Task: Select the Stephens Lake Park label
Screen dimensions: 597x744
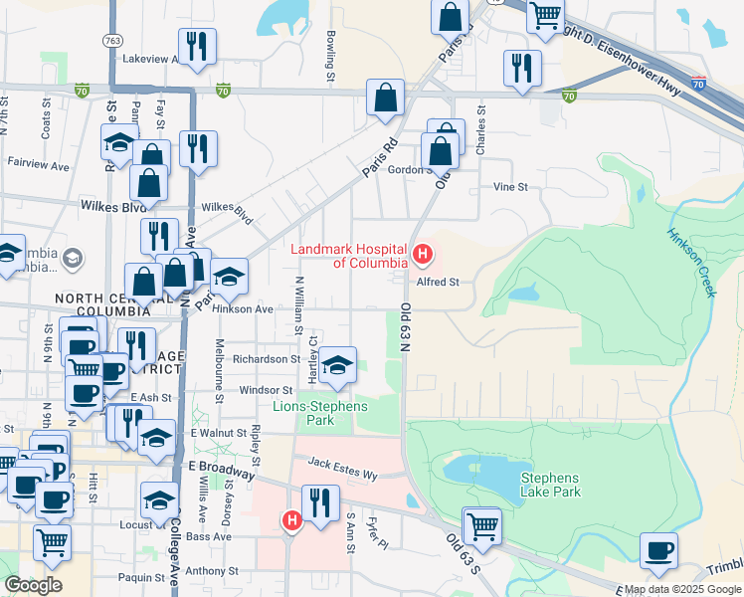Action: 550,485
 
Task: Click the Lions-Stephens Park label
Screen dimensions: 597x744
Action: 320,413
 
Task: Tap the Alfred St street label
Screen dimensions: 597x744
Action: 438,282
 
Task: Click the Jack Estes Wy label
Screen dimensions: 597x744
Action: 343,468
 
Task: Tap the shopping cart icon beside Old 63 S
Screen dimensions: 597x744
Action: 482,524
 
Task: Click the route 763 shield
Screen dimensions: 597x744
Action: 111,41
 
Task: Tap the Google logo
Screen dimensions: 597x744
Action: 33,585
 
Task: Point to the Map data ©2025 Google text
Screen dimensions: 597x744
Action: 682,589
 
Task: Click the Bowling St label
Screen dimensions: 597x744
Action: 329,55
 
